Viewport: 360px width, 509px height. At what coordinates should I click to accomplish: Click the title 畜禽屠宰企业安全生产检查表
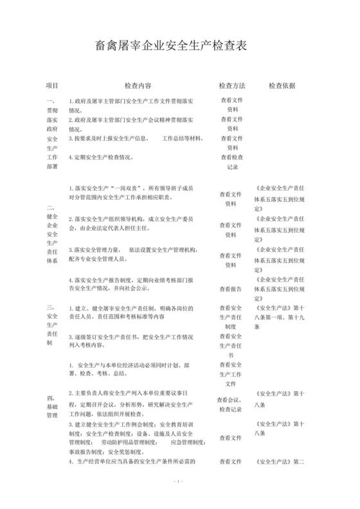point(180,46)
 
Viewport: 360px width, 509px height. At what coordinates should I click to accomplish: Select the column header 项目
point(52,85)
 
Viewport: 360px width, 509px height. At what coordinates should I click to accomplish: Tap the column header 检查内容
point(138,85)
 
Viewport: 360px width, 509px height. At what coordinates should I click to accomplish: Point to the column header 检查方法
point(232,85)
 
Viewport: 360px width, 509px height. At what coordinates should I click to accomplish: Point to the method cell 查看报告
point(232,289)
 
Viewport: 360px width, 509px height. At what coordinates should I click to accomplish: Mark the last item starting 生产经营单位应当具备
point(132,461)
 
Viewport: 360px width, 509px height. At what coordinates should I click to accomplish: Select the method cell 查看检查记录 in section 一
point(232,161)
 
